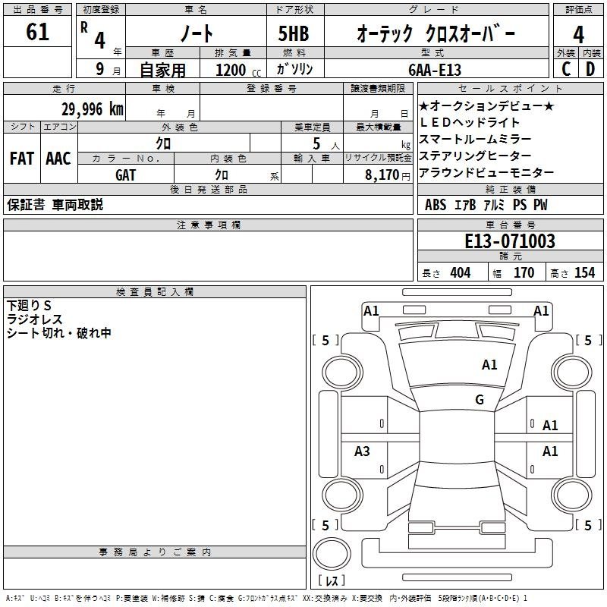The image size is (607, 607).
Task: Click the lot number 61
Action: tap(37, 32)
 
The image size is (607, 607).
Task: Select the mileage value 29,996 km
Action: tap(93, 109)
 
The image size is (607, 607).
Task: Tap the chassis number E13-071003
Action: tap(510, 241)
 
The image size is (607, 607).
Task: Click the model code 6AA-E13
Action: tap(435, 70)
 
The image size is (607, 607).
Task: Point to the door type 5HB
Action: tap(294, 33)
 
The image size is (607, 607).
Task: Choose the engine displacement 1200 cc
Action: tap(238, 70)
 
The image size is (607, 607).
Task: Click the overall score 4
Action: tap(578, 35)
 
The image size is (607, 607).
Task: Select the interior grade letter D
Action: tap(590, 69)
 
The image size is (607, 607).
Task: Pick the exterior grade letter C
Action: tap(566, 69)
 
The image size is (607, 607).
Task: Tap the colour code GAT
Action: tap(125, 175)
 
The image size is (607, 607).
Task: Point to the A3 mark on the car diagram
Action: tap(362, 451)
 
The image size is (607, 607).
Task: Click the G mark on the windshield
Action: tap(480, 399)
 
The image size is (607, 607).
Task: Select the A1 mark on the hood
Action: tap(489, 364)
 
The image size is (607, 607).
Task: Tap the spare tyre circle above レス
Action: tap(332, 554)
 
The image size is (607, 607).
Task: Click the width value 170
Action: tap(524, 272)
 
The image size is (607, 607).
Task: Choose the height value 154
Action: tap(584, 272)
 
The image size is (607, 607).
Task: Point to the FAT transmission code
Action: tap(22, 159)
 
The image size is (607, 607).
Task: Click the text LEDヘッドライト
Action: tap(469, 122)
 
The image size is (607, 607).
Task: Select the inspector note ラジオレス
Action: tap(34, 319)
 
